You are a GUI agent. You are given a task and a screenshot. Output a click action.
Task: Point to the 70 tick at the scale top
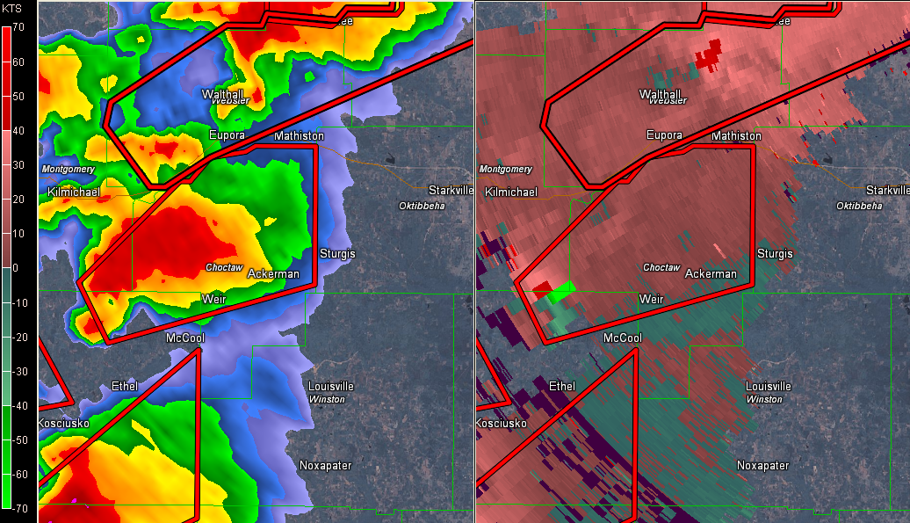pos(18,27)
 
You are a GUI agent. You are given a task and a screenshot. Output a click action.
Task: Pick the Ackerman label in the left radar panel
pos(273,273)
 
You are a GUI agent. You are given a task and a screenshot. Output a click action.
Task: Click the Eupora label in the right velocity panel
pos(664,135)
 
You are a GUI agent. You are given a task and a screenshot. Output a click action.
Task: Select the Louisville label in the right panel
pos(769,386)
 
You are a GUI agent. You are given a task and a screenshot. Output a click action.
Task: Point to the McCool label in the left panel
pos(184,338)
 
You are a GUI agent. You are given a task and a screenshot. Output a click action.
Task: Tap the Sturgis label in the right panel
pos(775,254)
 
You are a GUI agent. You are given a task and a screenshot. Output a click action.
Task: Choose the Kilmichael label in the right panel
pos(511,192)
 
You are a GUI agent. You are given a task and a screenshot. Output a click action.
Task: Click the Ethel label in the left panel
pos(125,386)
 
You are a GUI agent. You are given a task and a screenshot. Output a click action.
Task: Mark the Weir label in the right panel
pos(651,300)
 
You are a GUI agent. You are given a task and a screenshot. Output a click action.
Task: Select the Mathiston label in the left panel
pos(299,136)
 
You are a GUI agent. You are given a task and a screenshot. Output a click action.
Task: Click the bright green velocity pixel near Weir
pos(564,287)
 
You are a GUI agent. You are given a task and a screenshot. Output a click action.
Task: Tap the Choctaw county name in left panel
pos(223,267)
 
